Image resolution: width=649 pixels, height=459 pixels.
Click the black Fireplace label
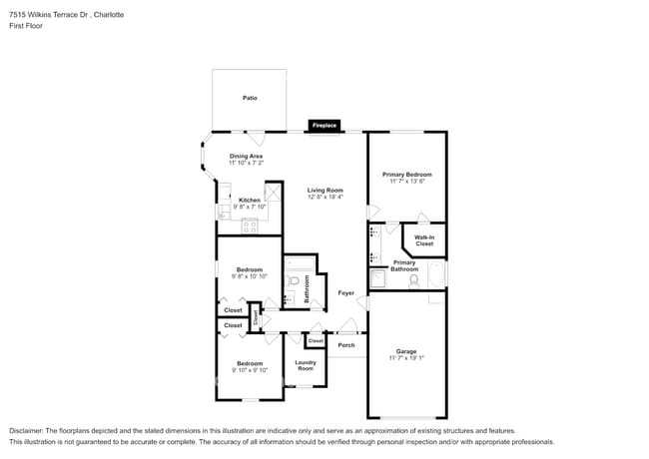324,126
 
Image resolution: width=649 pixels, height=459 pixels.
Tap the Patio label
249,98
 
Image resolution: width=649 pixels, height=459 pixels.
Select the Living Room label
324,190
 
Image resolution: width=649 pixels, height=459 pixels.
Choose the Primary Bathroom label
404,265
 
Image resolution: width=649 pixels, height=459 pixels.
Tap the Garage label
405,351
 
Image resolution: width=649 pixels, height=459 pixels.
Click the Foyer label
345,292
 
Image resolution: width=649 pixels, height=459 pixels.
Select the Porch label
346,345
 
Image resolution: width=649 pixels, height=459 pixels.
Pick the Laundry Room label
305,365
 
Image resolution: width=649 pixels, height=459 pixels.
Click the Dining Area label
246,156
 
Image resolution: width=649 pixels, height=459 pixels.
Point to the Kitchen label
250,200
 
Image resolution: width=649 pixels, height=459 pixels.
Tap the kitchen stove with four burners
249,226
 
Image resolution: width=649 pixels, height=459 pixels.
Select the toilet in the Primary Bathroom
413,280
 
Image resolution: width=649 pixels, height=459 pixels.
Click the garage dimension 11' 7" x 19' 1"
405,358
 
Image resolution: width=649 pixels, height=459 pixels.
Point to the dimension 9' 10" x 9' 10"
249,369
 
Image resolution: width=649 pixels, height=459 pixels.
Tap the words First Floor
27,27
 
